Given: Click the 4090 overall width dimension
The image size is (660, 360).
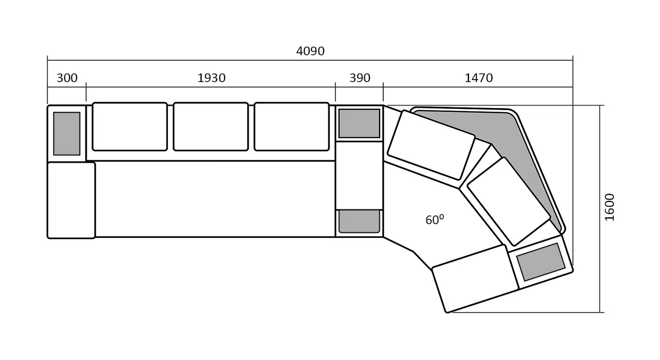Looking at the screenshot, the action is [310, 51].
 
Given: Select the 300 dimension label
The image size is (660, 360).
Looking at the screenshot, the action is [67, 78].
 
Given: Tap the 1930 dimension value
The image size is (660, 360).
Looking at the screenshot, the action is [211, 78].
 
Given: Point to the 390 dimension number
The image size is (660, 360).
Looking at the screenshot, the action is [360, 78].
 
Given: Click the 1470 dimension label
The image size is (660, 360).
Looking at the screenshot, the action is [478, 78].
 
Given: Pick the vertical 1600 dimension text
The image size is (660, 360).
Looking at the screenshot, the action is [609, 207].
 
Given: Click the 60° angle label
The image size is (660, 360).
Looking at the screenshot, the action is [435, 220].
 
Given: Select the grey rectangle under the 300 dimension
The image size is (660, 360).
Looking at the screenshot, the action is [66, 133].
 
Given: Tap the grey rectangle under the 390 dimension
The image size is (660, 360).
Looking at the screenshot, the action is [359, 123].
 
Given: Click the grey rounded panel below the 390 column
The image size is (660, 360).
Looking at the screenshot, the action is [359, 221].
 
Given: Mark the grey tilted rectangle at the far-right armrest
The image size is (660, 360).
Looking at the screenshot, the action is [541, 262].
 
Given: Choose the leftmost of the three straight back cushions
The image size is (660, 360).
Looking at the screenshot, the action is [130, 127].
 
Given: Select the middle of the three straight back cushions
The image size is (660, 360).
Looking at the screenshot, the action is [211, 127].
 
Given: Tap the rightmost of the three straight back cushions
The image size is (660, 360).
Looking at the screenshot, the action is [292, 127].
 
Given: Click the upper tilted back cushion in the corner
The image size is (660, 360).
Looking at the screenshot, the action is [431, 145].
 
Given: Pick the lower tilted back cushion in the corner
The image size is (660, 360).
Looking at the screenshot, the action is [509, 202].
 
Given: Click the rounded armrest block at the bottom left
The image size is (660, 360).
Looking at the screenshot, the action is [71, 200].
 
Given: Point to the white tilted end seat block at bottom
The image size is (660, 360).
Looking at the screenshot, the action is [475, 278].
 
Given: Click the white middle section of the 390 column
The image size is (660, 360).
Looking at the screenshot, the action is [359, 176].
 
